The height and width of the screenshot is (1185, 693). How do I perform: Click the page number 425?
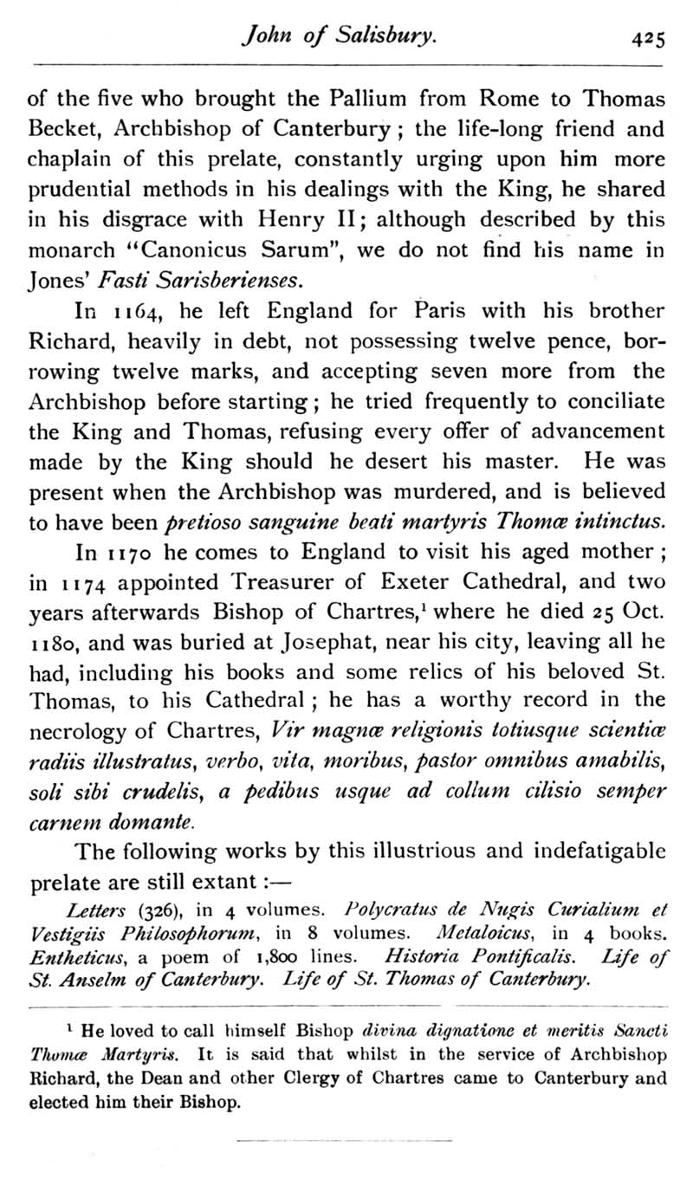click(647, 38)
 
